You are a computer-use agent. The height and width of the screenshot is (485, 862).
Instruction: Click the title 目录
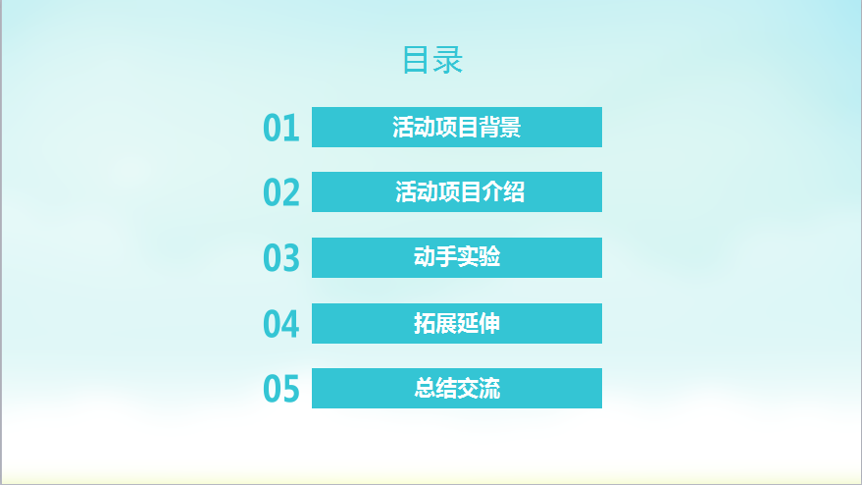[432, 60]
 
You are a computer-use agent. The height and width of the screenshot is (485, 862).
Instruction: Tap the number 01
[280, 128]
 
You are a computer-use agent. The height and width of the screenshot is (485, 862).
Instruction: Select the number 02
[280, 192]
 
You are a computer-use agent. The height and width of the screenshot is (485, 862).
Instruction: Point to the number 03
[280, 257]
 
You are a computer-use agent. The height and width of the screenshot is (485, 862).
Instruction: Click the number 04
[280, 324]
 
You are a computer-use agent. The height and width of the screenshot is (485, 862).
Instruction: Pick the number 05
[280, 389]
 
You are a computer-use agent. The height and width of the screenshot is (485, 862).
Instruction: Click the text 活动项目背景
[457, 128]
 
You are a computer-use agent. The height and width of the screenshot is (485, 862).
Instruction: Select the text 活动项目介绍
[460, 192]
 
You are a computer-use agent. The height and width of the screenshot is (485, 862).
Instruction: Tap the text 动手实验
[457, 257]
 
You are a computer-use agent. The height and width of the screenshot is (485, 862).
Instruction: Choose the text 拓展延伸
[457, 323]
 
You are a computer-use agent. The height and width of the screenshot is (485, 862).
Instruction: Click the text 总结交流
[457, 388]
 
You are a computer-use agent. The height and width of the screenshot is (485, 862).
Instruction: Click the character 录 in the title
[448, 60]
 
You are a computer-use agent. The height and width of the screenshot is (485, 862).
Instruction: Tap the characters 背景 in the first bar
[500, 128]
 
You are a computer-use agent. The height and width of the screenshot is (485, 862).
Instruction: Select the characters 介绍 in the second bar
[503, 192]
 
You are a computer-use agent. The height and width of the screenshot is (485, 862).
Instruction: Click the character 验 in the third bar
[489, 257]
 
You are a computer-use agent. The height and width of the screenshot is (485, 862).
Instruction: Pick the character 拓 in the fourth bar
[424, 323]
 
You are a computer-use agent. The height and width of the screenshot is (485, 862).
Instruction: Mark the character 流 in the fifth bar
[489, 388]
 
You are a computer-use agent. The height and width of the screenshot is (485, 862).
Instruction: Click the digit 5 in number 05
[291, 389]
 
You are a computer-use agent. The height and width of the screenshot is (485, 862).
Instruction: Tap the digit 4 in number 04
[291, 324]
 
